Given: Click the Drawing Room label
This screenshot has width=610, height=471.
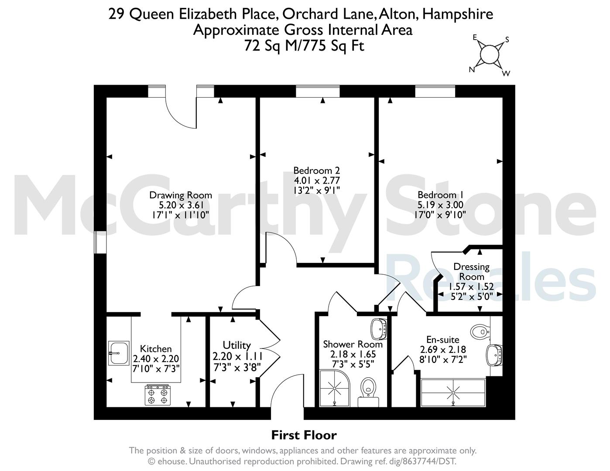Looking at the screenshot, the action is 181,195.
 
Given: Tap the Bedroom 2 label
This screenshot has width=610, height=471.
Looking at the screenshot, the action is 317,171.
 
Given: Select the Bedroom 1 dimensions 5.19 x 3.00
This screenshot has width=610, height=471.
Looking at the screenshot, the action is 440,205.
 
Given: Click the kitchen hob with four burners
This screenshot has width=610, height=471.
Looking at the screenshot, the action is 158,395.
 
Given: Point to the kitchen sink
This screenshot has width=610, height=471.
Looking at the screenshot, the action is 119,353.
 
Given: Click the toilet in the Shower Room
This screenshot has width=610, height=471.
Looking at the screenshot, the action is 368,392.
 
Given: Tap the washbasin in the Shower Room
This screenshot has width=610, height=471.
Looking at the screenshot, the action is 379,329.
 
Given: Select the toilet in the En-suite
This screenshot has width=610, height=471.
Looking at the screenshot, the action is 480,332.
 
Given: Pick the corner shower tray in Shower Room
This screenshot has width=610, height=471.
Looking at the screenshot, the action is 335,388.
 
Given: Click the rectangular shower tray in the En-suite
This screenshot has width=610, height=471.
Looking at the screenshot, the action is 453,393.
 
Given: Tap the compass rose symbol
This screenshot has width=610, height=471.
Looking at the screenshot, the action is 489,55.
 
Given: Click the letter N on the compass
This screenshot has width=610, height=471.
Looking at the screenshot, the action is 472,70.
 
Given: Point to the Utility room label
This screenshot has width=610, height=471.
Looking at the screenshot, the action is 236,345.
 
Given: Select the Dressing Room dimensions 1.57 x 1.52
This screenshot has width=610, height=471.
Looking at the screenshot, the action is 471,287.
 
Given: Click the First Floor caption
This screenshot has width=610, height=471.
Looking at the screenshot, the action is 304,435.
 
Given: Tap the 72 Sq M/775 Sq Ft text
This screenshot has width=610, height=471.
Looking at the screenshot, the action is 304,46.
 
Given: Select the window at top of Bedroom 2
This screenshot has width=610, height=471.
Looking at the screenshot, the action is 318,91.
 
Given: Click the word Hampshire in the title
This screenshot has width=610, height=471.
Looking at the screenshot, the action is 458,14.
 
